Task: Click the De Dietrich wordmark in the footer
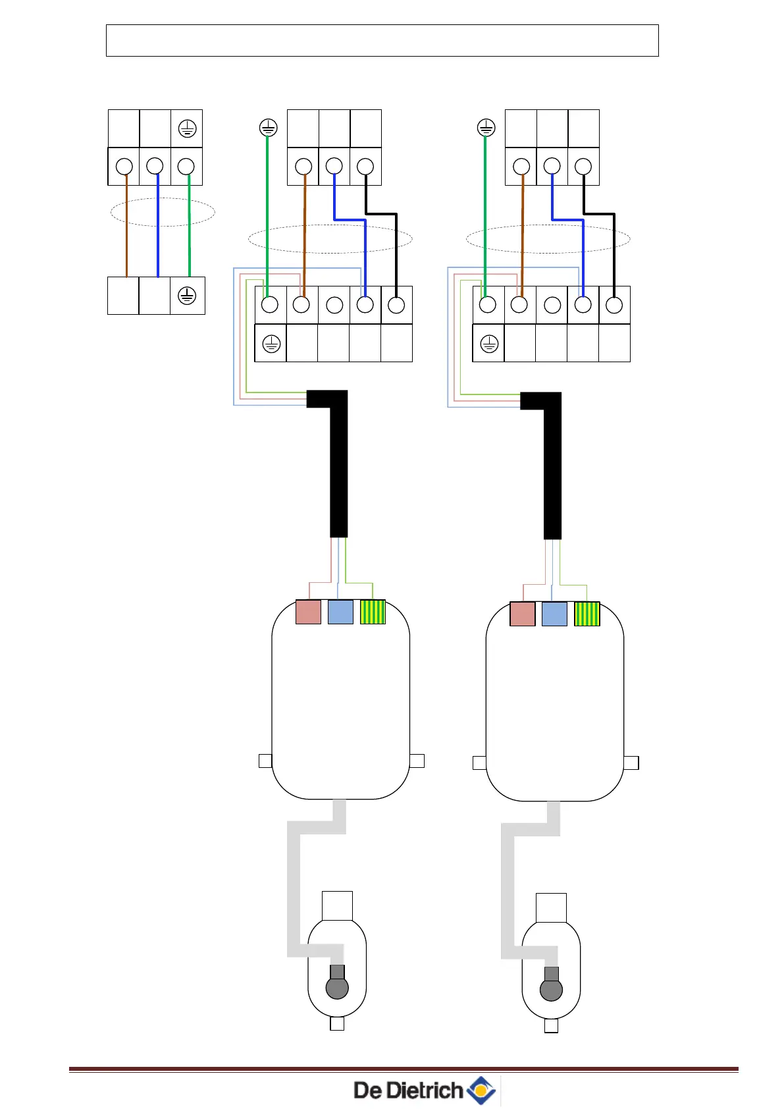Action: point(408,1090)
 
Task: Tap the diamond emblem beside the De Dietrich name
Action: point(482,1090)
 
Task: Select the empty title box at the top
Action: point(382,40)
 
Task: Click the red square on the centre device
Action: point(308,612)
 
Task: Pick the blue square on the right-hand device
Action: point(554,614)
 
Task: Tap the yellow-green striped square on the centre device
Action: point(373,612)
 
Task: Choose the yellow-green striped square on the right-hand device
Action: point(587,614)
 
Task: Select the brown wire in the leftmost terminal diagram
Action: point(126,230)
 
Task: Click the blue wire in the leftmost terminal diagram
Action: point(158,230)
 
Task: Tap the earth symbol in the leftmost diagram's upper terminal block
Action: point(187,128)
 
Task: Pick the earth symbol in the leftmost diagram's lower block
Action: point(187,296)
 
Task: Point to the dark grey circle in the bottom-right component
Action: point(551,990)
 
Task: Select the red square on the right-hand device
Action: point(523,614)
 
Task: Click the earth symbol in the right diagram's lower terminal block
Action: point(488,343)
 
